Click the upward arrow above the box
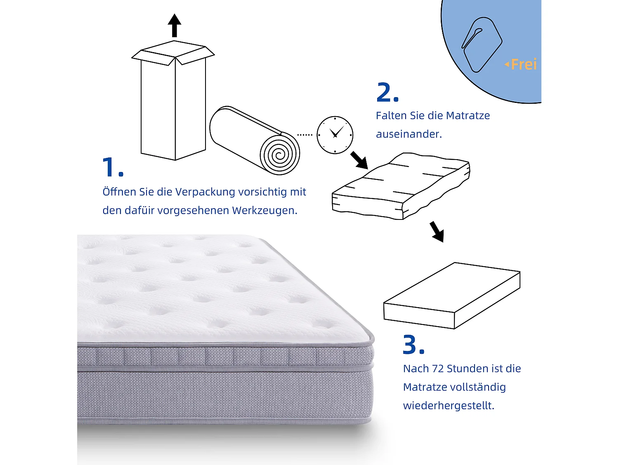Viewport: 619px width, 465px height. coord(175,25)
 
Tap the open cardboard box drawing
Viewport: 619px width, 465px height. coord(173,103)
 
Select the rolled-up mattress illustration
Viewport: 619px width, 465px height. coord(254,141)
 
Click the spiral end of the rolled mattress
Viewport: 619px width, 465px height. coord(280,155)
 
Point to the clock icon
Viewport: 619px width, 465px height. coord(335,135)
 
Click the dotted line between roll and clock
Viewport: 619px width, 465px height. coord(305,135)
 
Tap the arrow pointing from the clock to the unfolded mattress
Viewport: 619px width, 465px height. coord(359,160)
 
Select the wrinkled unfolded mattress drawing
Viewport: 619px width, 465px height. coord(400,186)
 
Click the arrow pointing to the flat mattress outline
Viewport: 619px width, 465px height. coord(437,231)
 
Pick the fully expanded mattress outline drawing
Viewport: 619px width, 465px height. coord(452,296)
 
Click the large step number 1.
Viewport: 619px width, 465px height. coord(112,167)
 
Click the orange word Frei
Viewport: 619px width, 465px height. coord(524,64)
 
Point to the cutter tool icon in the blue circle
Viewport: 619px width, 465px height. coord(481,44)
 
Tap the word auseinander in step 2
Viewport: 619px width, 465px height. coord(409,134)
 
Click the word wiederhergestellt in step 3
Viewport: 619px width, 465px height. coord(448,405)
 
